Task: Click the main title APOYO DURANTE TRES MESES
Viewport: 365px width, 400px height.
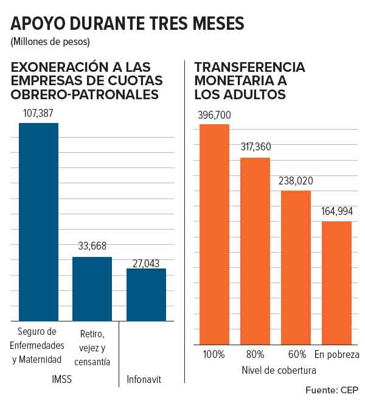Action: click(x=127, y=24)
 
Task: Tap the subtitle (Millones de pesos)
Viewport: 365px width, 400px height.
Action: click(x=50, y=43)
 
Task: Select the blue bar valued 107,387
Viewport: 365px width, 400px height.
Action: click(x=38, y=222)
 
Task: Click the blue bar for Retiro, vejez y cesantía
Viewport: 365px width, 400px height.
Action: click(x=92, y=289)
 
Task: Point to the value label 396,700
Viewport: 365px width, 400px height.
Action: click(x=214, y=115)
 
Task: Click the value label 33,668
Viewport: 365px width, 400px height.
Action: click(x=92, y=247)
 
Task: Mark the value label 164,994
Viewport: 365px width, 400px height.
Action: click(x=336, y=212)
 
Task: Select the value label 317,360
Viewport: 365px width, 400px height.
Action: click(x=255, y=148)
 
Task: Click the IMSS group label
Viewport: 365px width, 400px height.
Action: click(x=61, y=379)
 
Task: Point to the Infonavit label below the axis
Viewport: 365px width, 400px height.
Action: click(x=144, y=379)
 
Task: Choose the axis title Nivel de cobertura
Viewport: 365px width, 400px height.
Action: click(x=278, y=370)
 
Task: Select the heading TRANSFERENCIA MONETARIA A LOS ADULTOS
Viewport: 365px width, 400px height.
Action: click(x=249, y=80)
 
